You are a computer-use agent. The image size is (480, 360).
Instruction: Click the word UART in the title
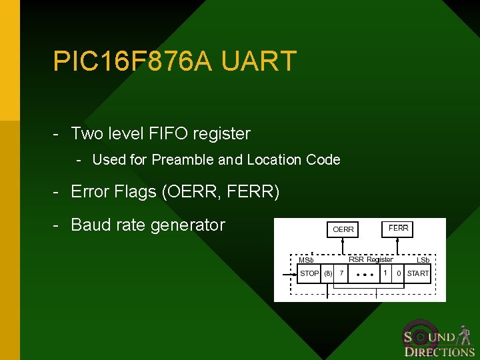(x=259, y=61)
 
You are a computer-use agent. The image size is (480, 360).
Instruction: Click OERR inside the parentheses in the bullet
(x=193, y=193)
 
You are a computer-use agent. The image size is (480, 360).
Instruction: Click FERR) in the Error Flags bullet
(x=253, y=193)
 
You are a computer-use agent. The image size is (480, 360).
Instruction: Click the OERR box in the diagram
(x=343, y=229)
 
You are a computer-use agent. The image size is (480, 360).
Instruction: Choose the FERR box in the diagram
(x=399, y=228)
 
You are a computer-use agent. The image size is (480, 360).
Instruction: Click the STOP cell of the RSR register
(x=309, y=273)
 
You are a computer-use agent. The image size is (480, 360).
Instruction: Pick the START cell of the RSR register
(x=418, y=273)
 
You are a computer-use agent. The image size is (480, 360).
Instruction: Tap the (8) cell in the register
(x=328, y=273)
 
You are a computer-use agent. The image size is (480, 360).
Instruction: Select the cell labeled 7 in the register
(x=341, y=273)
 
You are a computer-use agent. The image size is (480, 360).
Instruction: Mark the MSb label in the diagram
(x=306, y=260)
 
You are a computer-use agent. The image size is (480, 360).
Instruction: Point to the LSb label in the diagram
(x=423, y=260)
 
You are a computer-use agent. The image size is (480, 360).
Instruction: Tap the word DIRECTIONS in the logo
(x=440, y=352)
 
